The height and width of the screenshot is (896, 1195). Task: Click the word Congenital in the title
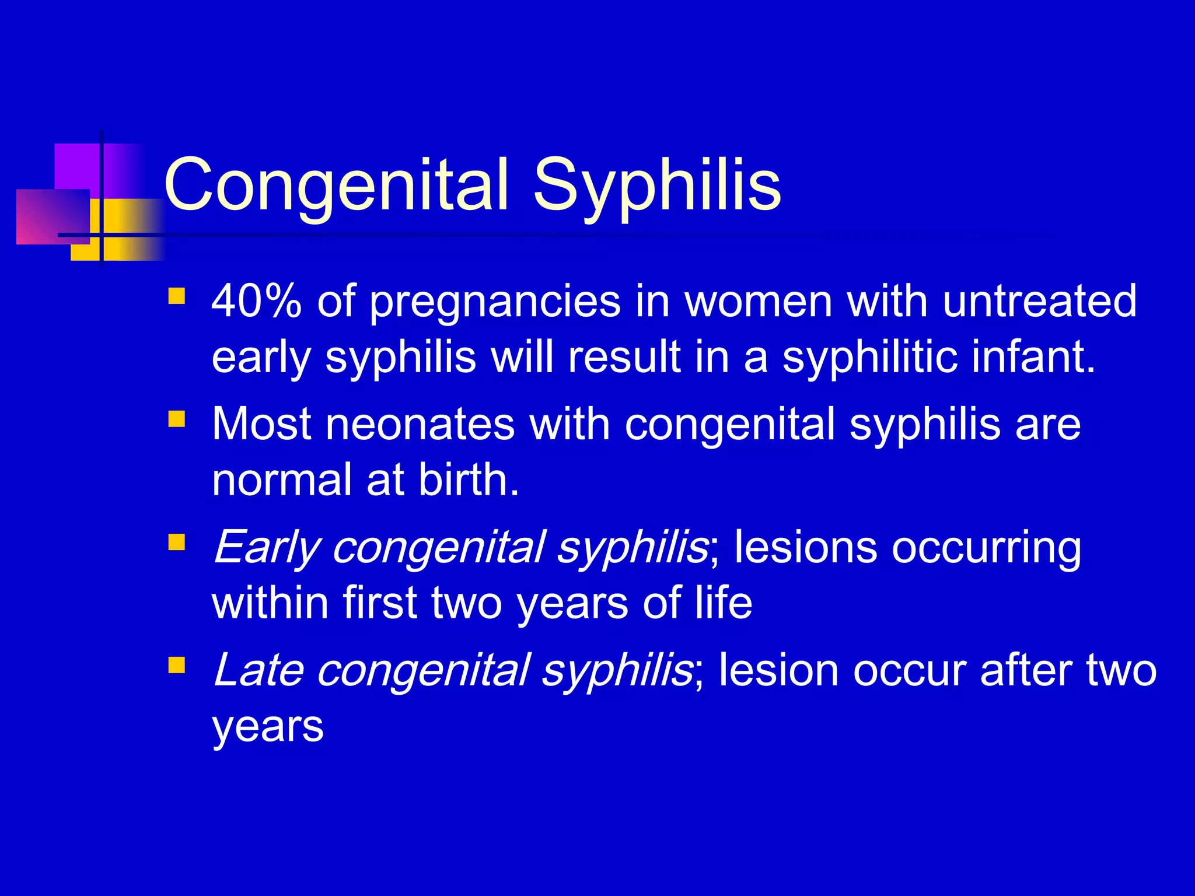click(x=337, y=185)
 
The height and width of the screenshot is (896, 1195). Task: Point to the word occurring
click(x=986, y=548)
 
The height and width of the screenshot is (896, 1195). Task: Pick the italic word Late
click(x=258, y=671)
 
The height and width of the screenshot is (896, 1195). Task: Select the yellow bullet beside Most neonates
click(x=176, y=419)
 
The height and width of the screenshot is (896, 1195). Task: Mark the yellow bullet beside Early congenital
click(x=176, y=542)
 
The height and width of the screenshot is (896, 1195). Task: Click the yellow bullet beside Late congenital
click(x=176, y=666)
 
